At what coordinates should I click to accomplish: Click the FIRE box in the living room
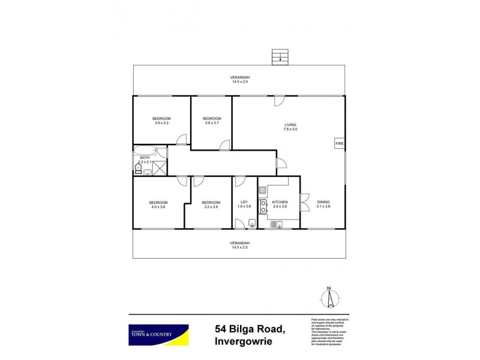pyautogui.click(x=340, y=144)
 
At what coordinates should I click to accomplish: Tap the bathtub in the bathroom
pyautogui.click(x=145, y=151)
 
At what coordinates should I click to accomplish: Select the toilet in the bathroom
pyautogui.click(x=138, y=169)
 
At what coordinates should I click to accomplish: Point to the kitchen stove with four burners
pyautogui.click(x=262, y=191)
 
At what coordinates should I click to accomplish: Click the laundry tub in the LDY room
pyautogui.click(x=253, y=224)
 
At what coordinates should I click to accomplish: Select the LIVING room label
pyautogui.click(x=290, y=125)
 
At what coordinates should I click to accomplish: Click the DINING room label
pyautogui.click(x=324, y=202)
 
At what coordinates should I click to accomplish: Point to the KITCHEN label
pyautogui.click(x=280, y=202)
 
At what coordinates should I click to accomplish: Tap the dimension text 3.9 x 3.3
pyautogui.click(x=161, y=123)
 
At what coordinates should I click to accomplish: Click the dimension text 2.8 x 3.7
pyautogui.click(x=212, y=123)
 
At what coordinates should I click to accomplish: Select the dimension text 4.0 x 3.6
pyautogui.click(x=158, y=207)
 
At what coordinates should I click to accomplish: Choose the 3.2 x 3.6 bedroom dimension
pyautogui.click(x=210, y=207)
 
